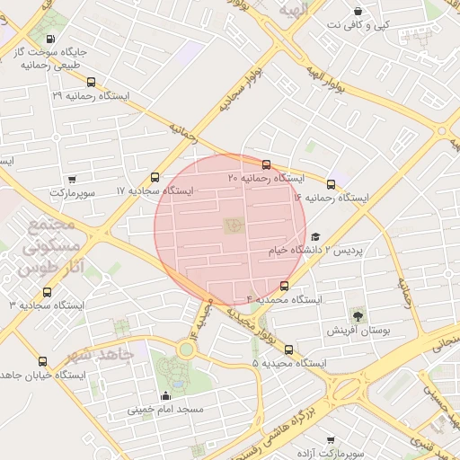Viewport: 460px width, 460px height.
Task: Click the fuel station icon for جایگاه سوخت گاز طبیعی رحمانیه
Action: click(x=49, y=40)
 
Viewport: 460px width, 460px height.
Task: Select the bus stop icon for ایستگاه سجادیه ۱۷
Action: click(x=155, y=177)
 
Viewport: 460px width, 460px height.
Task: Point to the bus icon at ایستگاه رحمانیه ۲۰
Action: click(x=266, y=164)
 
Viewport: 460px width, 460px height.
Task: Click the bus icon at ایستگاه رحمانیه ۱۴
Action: click(x=332, y=184)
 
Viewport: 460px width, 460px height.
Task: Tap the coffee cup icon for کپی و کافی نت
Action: click(x=359, y=12)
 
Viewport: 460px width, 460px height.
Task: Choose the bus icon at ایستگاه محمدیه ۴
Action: click(x=285, y=286)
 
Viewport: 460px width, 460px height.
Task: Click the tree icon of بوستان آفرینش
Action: click(x=358, y=315)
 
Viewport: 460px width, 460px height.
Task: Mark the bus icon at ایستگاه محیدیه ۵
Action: click(x=288, y=349)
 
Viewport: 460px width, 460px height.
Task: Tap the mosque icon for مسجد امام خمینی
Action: click(x=164, y=396)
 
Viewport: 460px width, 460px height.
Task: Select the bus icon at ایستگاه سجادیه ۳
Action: click(x=47, y=291)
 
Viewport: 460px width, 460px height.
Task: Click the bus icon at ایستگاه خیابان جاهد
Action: click(x=42, y=361)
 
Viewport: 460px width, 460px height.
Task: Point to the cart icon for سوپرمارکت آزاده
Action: click(x=331, y=440)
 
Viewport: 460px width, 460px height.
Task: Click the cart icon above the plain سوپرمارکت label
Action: click(x=72, y=179)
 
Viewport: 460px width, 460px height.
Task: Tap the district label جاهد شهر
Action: click(x=99, y=354)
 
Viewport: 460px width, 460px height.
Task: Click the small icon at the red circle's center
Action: click(x=230, y=225)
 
